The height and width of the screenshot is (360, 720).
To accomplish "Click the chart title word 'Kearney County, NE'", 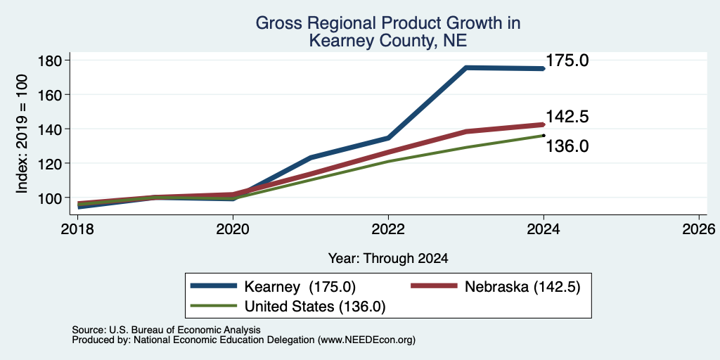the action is tap(388, 41).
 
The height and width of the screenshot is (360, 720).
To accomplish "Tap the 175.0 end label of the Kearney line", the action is tap(567, 60).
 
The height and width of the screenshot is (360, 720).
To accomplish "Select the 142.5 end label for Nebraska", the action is tap(567, 117).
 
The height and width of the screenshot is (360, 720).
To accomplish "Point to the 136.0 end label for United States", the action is tap(567, 146).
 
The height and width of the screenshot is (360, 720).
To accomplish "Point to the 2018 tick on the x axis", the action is tap(77, 229).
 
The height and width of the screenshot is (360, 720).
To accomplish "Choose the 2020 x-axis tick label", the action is tap(233, 229).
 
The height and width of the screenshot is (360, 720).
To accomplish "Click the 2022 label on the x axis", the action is tap(388, 229).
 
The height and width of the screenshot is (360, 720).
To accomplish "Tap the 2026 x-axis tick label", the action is tap(700, 229).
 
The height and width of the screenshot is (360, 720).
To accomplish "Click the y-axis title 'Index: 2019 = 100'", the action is tap(22, 134).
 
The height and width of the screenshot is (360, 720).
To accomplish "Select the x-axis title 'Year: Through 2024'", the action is tap(388, 259).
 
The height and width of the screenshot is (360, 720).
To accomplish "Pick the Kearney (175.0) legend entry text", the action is tap(300, 287).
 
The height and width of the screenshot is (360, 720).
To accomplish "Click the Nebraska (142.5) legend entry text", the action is tap(522, 287).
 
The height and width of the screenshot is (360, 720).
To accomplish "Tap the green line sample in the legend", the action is tap(214, 306).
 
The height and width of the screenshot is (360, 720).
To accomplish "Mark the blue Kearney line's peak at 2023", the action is tap(466, 68).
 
